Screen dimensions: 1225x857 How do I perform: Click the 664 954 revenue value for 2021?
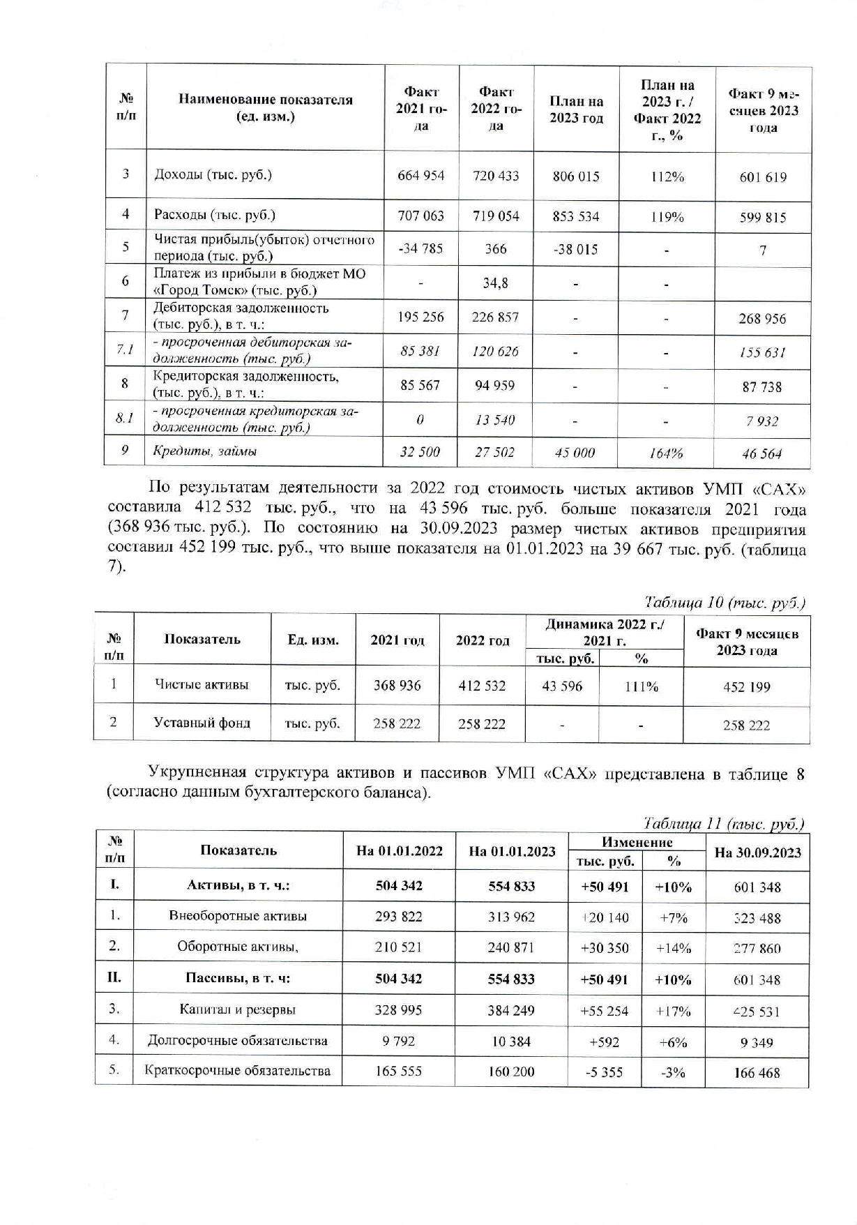[420, 176]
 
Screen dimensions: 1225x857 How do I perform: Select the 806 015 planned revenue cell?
[575, 176]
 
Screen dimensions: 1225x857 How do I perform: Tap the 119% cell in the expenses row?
[667, 217]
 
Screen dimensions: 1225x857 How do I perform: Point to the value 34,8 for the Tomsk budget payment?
[495, 283]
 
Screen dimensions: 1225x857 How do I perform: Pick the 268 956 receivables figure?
[763, 319]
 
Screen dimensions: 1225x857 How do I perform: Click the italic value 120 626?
[495, 352]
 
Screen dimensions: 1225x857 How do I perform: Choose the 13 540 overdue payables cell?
[494, 420]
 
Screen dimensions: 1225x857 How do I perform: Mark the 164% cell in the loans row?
[665, 453]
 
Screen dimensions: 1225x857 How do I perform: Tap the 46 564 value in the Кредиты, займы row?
[761, 454]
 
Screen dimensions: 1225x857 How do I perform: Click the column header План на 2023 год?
[576, 110]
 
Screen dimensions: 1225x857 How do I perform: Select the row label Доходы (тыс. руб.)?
[213, 174]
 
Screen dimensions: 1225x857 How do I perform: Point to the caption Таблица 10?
[725, 602]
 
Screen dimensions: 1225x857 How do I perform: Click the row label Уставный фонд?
[202, 723]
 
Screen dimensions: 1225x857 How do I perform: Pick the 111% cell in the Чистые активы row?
[641, 686]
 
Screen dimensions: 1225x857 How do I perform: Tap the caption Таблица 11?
[723, 823]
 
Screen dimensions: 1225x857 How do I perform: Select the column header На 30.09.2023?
[757, 852]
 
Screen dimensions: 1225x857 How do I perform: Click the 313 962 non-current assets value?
[511, 917]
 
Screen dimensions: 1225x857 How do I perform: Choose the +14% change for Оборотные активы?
[673, 948]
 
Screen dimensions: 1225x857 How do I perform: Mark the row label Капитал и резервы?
[237, 1009]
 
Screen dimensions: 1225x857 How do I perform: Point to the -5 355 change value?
[604, 1072]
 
